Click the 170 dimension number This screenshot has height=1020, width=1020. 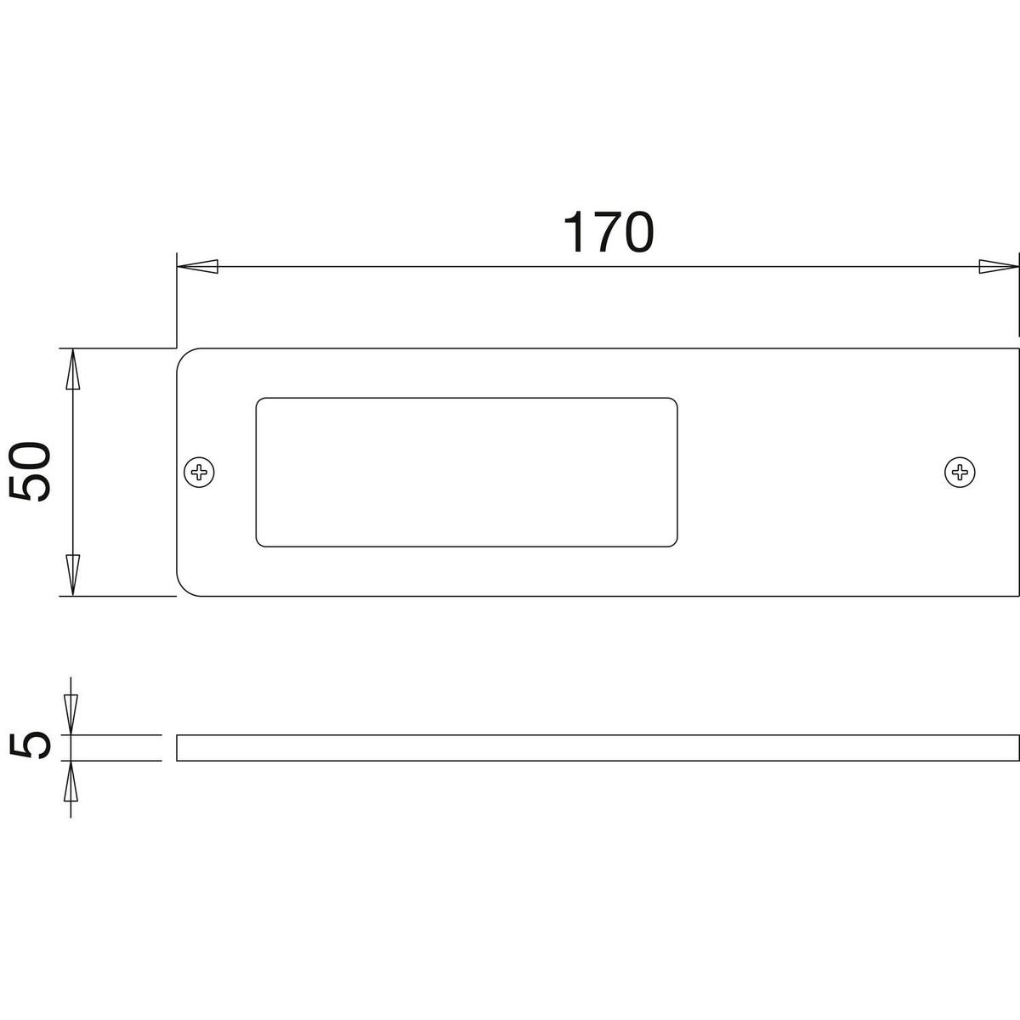[x=609, y=232]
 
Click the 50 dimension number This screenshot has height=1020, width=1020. [x=30, y=472]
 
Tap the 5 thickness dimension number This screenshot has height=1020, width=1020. [x=30, y=745]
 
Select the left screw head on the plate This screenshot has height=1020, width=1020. [x=199, y=472]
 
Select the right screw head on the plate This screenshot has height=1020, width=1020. [x=960, y=472]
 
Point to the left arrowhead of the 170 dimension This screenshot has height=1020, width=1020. [x=197, y=267]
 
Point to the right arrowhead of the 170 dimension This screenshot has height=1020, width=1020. [x=999, y=267]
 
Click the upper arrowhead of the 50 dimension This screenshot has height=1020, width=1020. [x=72, y=370]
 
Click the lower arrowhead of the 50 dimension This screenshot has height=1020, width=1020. [x=72, y=575]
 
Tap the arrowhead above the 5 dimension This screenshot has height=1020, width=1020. [x=71, y=715]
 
